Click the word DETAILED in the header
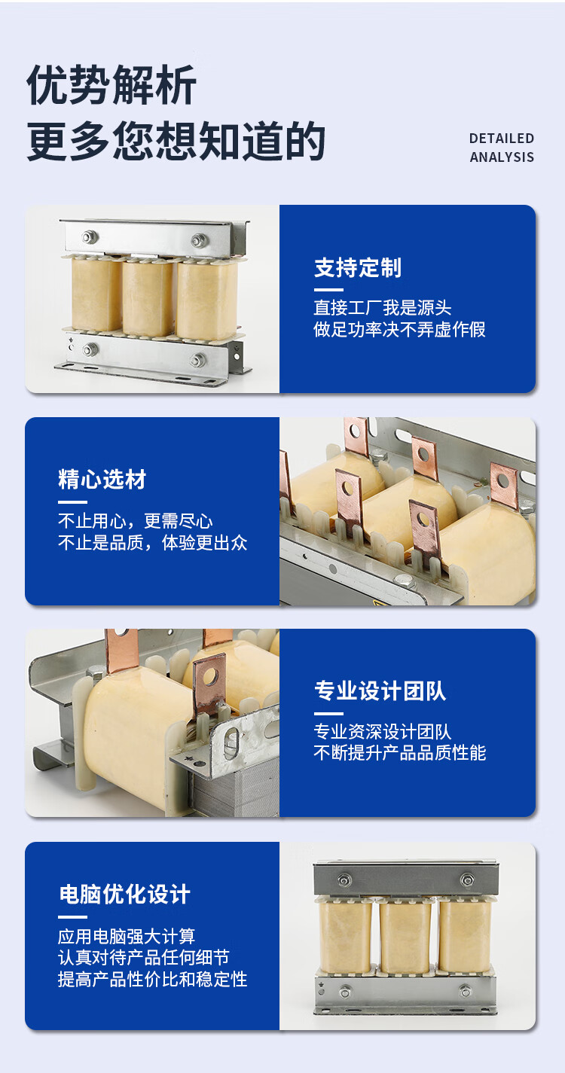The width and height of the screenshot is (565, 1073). coord(501,139)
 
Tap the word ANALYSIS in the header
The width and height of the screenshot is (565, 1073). coord(501,157)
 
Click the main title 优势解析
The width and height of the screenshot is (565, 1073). coord(111,85)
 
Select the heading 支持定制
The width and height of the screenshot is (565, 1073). coord(358,267)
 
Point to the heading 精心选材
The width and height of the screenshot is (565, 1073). coord(102,480)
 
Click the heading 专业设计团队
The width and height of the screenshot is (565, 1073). coord(380,690)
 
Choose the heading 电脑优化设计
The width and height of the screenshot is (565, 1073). coord(124,895)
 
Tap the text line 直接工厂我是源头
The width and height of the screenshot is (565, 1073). coord(383,308)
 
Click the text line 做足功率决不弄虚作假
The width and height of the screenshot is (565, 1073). coord(400,330)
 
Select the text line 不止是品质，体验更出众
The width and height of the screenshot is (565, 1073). coord(152,543)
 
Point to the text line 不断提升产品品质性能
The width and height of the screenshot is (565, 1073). coord(400,752)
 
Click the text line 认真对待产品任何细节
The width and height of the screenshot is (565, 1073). coord(143,958)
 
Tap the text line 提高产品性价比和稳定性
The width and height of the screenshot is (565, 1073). coord(152,979)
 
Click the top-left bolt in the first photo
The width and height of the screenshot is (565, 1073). coord(89,236)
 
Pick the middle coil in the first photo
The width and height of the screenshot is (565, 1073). coord(148,297)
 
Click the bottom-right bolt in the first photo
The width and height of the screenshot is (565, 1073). coord(197,360)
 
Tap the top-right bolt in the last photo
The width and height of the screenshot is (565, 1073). coord(467,879)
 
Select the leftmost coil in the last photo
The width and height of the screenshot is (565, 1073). coord(345,937)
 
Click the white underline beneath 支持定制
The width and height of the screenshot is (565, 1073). coord(328,290)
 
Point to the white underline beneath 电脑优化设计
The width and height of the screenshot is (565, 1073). coord(72,917)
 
